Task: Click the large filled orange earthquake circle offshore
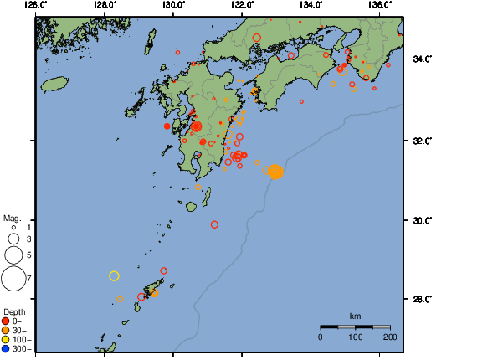pos(275,172)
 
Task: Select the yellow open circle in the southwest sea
pos(115,275)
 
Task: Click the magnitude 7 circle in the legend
pos(13,277)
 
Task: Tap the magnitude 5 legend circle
pos(13,254)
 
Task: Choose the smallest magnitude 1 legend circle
pos(13,227)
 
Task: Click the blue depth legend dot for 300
pos(6,349)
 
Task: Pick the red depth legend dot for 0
pos(6,321)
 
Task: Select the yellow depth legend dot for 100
pos(6,340)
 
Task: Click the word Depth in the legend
pos(14,311)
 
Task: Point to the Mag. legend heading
pos(12,217)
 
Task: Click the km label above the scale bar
pos(355,316)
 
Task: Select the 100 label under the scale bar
pos(355,337)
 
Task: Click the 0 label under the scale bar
pos(321,337)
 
